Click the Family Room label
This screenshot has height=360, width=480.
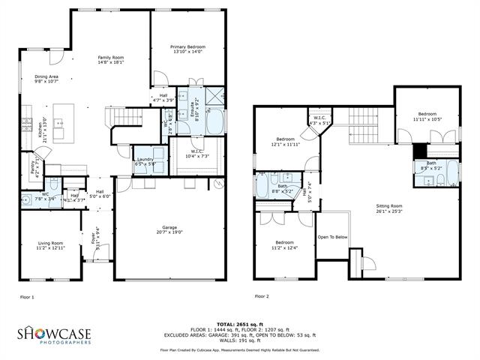click(112, 61)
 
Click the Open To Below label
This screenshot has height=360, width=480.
click(332, 237)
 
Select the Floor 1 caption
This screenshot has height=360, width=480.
click(27, 298)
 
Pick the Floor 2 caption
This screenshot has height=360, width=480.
click(262, 298)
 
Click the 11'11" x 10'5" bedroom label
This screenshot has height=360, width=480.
click(425, 116)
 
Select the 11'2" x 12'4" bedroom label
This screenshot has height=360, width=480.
click(283, 245)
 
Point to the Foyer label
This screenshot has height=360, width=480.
click(94, 240)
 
